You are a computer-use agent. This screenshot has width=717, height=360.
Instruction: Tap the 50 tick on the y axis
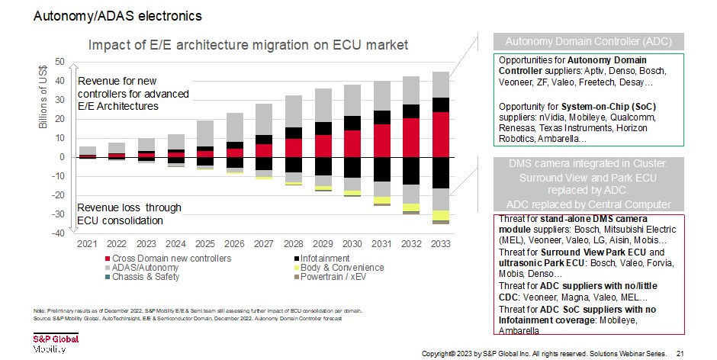59,61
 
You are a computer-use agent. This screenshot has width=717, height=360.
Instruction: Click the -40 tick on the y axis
57,233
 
